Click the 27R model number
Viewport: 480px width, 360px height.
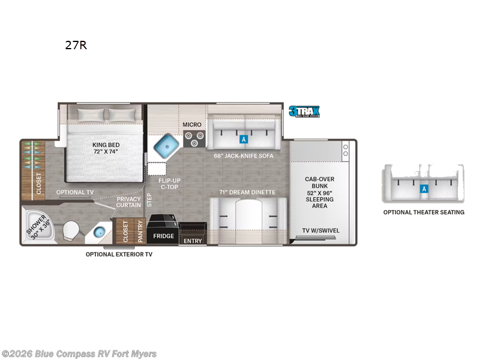tap(76, 45)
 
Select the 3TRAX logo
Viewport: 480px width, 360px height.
tap(304, 111)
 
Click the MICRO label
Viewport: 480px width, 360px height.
tap(192, 125)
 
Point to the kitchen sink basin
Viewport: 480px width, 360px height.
tap(164, 145)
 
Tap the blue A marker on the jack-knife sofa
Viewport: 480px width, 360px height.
tap(244, 139)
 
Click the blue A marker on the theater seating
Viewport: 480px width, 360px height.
tap(424, 188)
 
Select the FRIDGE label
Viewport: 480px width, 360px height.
tap(164, 236)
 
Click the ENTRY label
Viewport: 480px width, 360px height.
tap(193, 241)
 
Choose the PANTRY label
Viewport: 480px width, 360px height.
tap(140, 231)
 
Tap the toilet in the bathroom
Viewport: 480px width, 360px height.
tap(70, 231)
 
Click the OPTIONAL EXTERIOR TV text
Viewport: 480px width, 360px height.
tap(119, 254)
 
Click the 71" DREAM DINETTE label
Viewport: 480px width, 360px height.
tap(247, 192)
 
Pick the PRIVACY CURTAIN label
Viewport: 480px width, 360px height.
tap(129, 202)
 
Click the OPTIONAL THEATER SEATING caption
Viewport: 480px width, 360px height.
tap(424, 212)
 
